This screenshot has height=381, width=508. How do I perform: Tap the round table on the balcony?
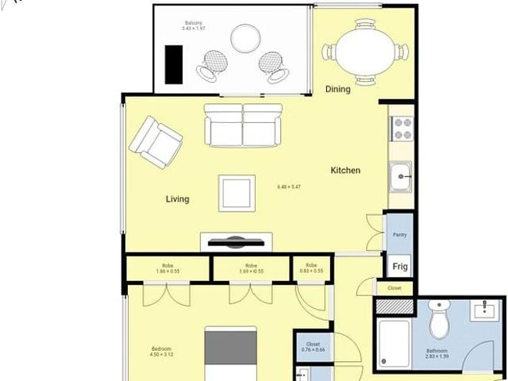244,37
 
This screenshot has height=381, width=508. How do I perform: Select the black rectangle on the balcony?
172,63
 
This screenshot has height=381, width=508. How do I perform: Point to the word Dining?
337,89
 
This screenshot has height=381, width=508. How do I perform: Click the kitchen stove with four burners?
402,129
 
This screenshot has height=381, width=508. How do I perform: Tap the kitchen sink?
402,177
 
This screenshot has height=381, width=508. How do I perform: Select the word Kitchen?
345,171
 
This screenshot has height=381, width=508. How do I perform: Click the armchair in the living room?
156,143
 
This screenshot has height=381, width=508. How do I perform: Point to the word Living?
177,198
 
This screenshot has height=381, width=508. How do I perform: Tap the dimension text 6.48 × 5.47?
289,187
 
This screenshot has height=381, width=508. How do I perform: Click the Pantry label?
399,236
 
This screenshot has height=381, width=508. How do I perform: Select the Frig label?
399,267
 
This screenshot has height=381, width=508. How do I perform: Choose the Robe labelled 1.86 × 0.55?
167,268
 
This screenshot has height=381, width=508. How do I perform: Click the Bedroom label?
162,350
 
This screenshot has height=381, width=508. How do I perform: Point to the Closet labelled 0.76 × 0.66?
313,346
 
